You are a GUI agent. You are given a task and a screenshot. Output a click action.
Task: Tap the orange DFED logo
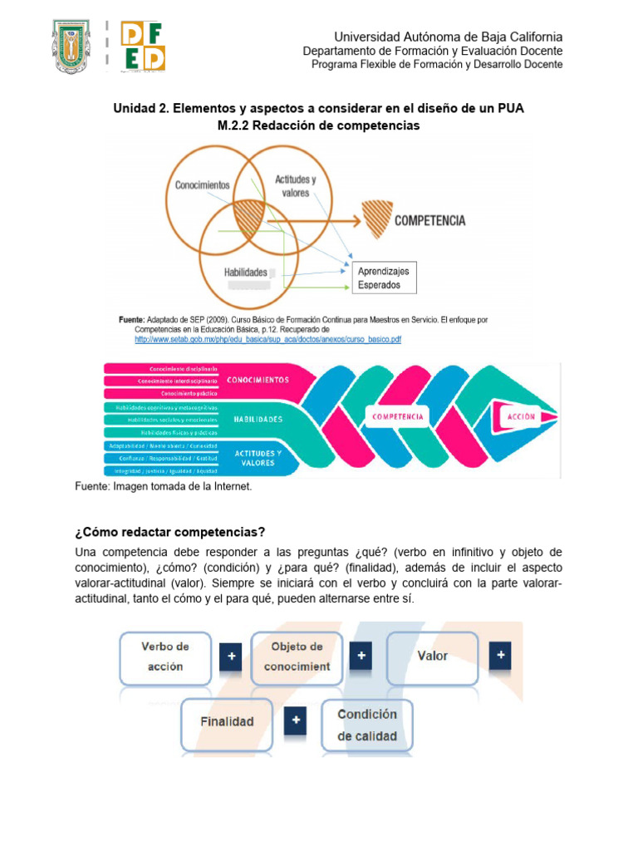click(x=143, y=47)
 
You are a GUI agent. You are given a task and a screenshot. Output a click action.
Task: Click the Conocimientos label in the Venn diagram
click(x=203, y=185)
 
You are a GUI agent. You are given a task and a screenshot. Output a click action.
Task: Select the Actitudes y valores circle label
click(x=295, y=186)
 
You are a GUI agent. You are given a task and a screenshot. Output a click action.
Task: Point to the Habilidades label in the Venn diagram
click(x=246, y=272)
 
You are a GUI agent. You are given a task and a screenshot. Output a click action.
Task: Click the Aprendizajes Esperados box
click(x=383, y=278)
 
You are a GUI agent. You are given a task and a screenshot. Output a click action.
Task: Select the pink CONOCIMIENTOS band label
click(x=258, y=380)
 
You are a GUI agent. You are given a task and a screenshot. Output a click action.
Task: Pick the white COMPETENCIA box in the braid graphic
click(x=399, y=416)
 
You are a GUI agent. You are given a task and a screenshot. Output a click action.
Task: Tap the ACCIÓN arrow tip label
click(x=521, y=416)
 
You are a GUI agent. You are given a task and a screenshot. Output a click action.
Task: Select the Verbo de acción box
click(x=165, y=656)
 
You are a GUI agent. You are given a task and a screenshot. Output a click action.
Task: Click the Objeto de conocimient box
click(x=297, y=656)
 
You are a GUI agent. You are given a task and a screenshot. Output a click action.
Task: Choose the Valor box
click(x=432, y=656)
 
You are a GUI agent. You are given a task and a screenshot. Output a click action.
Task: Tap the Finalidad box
click(x=227, y=721)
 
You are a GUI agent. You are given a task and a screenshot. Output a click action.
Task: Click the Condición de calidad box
click(x=367, y=725)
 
